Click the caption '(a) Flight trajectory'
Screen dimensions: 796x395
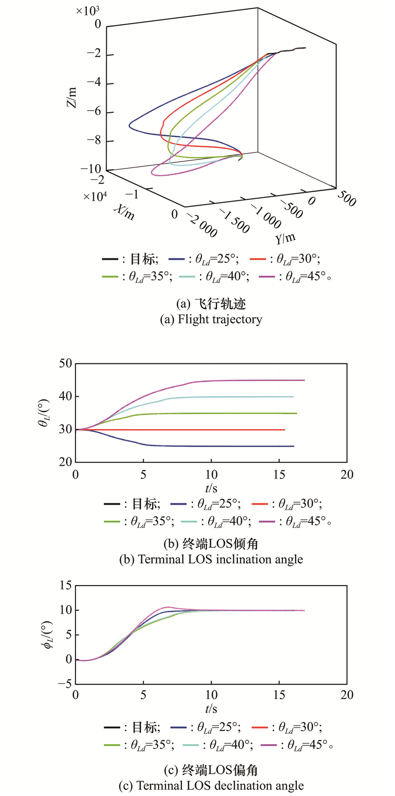pyautogui.click(x=211, y=319)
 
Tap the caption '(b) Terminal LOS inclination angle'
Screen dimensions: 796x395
pyautogui.click(x=211, y=559)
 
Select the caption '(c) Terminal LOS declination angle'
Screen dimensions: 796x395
pyautogui.click(x=211, y=785)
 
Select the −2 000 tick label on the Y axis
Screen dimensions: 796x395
pyautogui.click(x=200, y=225)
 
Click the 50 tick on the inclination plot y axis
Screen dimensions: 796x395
pyautogui.click(x=66, y=364)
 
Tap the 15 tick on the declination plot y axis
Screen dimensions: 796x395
pyautogui.click(x=66, y=586)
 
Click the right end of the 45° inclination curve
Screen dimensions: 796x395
pyautogui.click(x=304, y=380)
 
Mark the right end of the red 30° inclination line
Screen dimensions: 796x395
pyautogui.click(x=285, y=430)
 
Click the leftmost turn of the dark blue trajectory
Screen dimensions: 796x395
pyautogui.click(x=129, y=124)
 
